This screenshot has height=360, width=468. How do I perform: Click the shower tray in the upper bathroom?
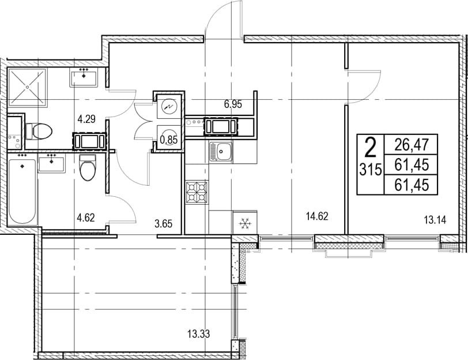pos(28,87)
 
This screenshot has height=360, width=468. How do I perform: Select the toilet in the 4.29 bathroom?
pos(39,131)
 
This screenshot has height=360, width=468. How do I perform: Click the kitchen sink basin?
pos(221,152)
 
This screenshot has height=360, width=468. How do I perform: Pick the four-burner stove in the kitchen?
pos(197,192)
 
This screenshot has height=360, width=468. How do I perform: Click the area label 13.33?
pos(198,333)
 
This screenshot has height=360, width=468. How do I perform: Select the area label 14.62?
pos(317,216)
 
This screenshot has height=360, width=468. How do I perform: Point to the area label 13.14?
pos(435,220)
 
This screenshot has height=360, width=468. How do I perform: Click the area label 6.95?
pos(233,104)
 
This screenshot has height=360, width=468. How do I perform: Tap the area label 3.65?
pos(164,223)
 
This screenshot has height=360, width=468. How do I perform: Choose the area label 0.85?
pos(169,140)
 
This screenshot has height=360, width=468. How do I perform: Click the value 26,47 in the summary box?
pos(412,145)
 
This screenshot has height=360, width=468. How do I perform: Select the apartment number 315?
pos(371,170)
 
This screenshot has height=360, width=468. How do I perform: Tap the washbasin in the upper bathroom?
pos(84,77)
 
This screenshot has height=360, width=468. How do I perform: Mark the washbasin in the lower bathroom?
pos(51,163)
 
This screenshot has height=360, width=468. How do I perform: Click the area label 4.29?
pos(86,119)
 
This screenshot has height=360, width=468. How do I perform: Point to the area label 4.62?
pos(86,217)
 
